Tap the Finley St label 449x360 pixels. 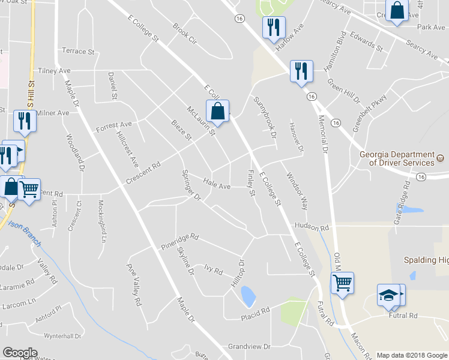click(x=252, y=183)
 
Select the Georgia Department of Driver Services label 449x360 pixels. click(x=397, y=158)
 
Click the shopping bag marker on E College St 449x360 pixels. click(x=217, y=112)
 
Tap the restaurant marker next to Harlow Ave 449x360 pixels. click(x=274, y=28)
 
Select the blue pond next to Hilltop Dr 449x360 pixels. click(x=247, y=295)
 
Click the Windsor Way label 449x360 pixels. click(x=297, y=191)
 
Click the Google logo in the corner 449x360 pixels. click(x=20, y=352)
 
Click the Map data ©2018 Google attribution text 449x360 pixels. click(x=412, y=355)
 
